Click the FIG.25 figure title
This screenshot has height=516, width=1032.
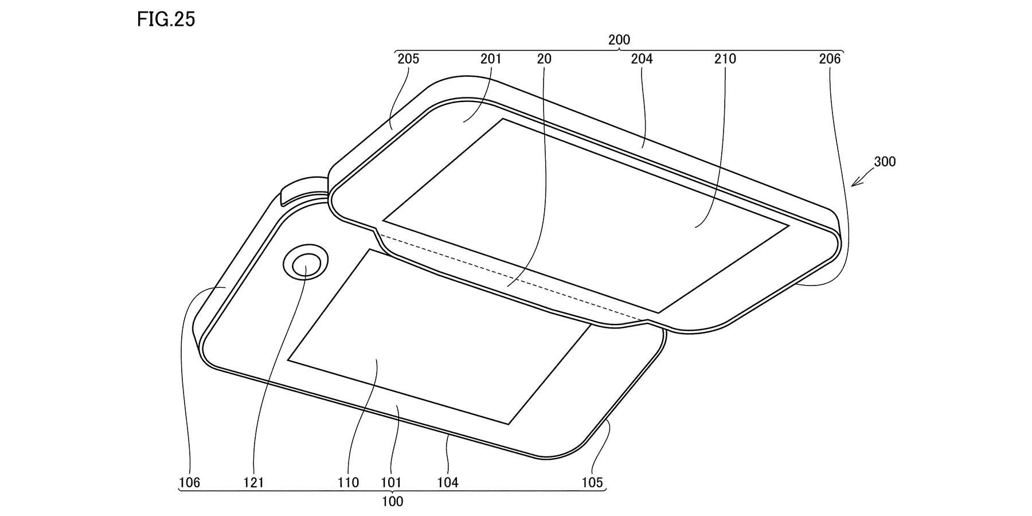[166, 19]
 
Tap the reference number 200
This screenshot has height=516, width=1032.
[619, 40]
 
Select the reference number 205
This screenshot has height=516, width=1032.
[408, 58]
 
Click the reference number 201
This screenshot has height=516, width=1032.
[491, 58]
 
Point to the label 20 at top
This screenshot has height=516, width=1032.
[545, 58]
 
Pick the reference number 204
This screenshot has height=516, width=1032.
[642, 58]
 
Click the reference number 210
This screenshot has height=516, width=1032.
[725, 58]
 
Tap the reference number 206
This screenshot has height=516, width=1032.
[830, 58]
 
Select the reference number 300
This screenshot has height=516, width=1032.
[884, 162]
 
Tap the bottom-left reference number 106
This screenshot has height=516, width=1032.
[189, 483]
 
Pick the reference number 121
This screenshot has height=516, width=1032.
[253, 483]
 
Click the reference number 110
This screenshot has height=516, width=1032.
[349, 483]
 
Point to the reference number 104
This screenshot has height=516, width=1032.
[448, 483]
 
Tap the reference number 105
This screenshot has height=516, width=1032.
[592, 483]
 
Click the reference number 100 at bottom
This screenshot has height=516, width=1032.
[392, 502]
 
